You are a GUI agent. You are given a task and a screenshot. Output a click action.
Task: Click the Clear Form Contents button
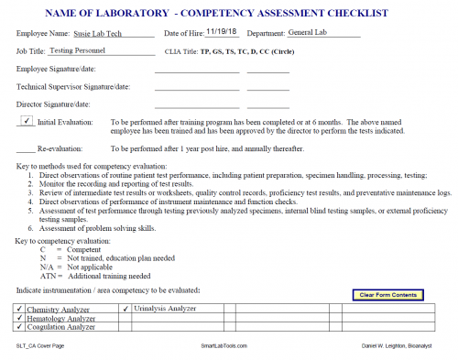click(x=389, y=294)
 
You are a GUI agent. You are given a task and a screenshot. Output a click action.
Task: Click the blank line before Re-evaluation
click(x=25, y=148)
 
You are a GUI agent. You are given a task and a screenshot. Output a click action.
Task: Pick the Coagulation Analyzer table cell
click(x=60, y=327)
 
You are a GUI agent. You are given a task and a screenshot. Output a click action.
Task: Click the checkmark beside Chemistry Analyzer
click(x=19, y=309)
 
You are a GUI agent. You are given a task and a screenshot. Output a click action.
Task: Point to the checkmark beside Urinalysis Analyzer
click(x=125, y=309)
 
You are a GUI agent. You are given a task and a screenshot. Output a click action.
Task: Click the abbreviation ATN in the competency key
click(x=49, y=276)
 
